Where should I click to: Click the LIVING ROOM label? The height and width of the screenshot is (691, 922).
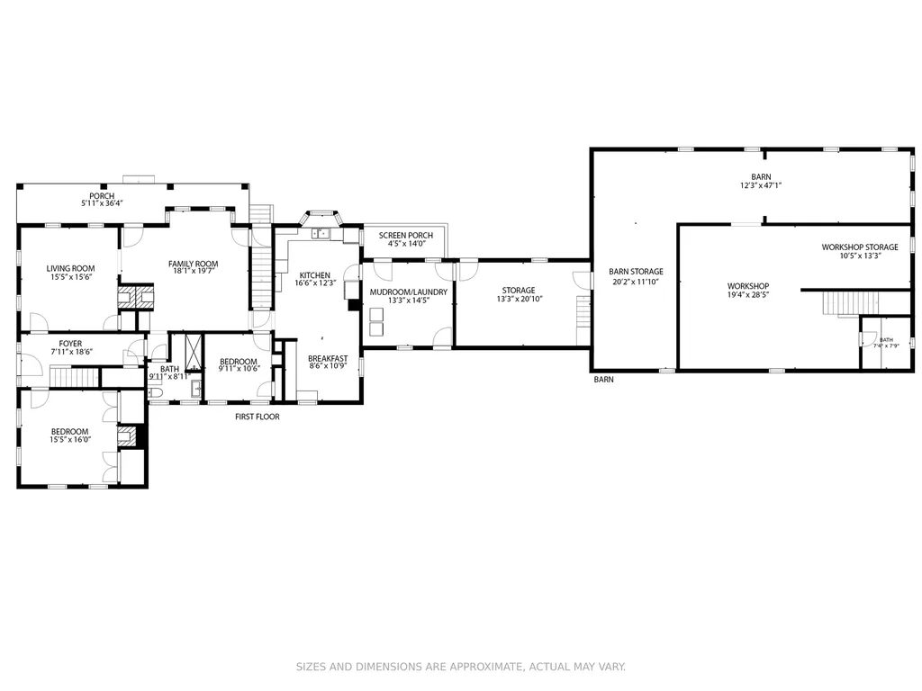[x=70, y=268]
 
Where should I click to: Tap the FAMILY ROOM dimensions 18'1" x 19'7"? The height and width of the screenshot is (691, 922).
[x=193, y=272]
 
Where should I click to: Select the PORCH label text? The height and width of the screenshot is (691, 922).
[x=102, y=195]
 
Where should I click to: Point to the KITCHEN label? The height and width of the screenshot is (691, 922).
[x=314, y=275]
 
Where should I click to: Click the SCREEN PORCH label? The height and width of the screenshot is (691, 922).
[x=406, y=235]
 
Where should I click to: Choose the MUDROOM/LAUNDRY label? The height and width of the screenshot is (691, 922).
[x=408, y=292]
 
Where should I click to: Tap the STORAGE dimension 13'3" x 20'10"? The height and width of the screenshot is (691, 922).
[x=520, y=299]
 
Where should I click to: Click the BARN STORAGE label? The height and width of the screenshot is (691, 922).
[x=636, y=272]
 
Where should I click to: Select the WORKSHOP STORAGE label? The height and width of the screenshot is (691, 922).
[x=860, y=247]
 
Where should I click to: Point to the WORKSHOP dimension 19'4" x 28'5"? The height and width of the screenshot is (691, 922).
[x=748, y=295]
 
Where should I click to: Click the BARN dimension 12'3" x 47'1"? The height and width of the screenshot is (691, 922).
[x=761, y=185]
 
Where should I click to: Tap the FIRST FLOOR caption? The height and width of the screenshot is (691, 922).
[x=257, y=417]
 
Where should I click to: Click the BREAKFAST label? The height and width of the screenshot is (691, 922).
[x=328, y=358]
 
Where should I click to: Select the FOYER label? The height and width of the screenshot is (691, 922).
[x=70, y=344]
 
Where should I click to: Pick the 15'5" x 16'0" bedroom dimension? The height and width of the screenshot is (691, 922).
[x=70, y=439]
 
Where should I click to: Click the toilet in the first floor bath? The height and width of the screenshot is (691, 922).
[x=155, y=392]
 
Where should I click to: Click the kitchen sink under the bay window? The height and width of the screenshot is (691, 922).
[x=321, y=234]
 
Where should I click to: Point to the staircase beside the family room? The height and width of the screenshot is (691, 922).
[x=262, y=268]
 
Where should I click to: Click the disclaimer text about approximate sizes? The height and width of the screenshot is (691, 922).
[x=460, y=667]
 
